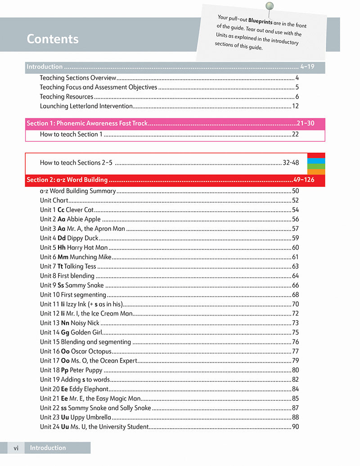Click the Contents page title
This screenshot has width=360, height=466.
53,39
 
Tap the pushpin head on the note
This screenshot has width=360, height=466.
270,6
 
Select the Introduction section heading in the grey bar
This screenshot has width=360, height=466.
45,67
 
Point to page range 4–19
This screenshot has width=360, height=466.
307,67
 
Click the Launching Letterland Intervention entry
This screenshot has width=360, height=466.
86,106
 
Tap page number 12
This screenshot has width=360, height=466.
295,106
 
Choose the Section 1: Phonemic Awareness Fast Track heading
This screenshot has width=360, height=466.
87,123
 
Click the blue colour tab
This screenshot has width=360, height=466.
316,161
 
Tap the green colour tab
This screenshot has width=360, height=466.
316,166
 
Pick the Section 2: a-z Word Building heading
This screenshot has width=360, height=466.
67,180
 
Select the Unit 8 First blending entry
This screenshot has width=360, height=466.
67,276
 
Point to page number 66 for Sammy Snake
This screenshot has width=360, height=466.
295,285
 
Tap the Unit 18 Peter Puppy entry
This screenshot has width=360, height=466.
71,370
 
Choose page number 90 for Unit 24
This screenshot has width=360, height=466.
295,427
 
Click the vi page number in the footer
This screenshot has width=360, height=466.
16,448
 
